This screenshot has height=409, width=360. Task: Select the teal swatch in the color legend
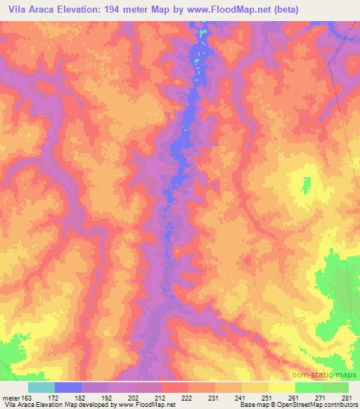(41, 387)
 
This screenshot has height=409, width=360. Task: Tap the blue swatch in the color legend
(68, 387)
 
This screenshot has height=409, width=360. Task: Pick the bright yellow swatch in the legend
(281, 387)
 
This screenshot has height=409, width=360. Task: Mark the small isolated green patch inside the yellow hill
(306, 186)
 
